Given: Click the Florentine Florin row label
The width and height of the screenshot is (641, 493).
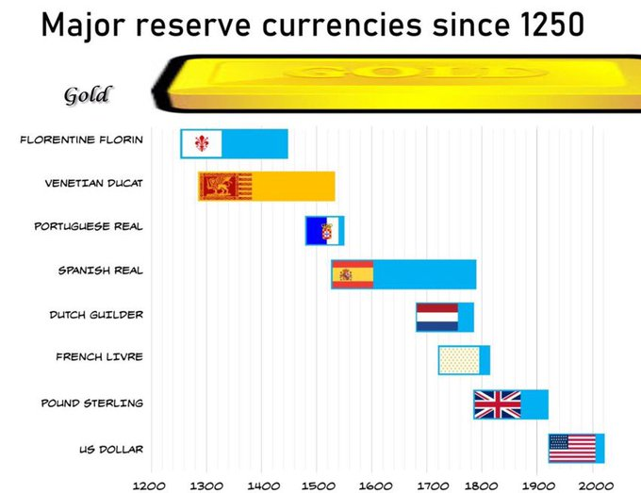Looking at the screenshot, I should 82,140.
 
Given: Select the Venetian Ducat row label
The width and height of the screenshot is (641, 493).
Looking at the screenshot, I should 94,183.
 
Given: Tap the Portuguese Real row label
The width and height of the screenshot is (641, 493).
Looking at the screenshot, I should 89,226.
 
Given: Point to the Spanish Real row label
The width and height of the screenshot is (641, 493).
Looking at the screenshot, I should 101,271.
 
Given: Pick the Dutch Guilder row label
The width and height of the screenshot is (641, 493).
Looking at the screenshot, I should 96,314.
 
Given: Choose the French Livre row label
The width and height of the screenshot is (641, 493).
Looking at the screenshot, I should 99,357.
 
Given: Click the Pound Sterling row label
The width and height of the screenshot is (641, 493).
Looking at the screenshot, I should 91,403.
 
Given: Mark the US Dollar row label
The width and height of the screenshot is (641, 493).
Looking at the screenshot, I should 111,448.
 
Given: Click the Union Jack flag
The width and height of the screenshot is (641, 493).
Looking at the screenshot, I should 497,404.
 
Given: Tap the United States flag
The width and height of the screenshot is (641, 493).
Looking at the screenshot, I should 572,448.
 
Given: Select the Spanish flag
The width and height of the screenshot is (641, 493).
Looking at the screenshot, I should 353,274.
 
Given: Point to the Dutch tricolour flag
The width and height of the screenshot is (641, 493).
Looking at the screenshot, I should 437,318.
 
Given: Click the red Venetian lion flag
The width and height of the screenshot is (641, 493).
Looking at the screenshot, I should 225,187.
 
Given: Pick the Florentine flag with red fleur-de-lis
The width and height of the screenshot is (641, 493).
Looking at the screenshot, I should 202,143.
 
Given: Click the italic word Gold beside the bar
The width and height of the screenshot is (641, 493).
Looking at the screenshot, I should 88,94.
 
